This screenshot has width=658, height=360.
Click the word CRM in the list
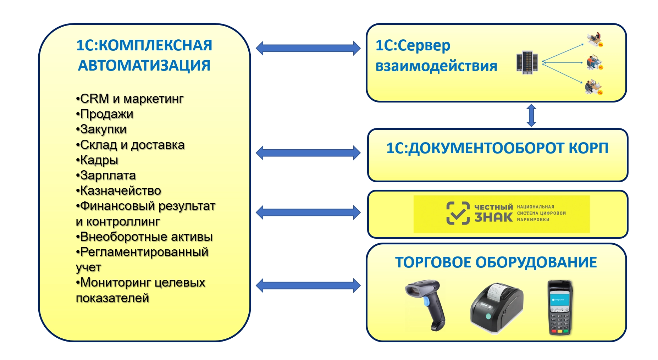click(x=94, y=99)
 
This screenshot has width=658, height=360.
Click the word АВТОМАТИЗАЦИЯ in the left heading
click(x=144, y=66)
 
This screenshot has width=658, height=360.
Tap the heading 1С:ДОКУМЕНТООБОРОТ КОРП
click(x=497, y=148)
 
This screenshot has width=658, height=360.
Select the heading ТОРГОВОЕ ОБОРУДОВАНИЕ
click(x=496, y=262)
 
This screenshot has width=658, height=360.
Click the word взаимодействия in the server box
click(x=436, y=66)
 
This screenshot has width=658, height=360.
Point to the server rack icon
click(x=527, y=62)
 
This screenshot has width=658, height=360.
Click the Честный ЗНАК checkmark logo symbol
click(x=458, y=213)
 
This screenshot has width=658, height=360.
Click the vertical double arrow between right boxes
click(x=531, y=115)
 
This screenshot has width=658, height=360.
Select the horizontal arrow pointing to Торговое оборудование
click(x=308, y=285)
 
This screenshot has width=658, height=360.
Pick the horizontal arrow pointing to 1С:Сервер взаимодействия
click(x=308, y=48)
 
